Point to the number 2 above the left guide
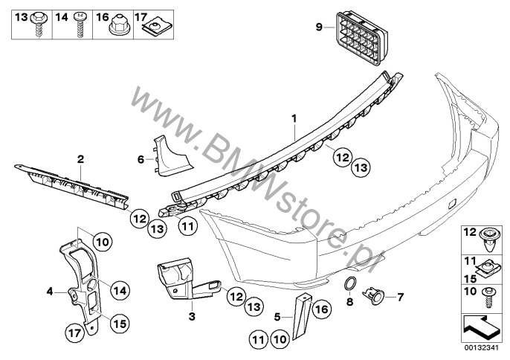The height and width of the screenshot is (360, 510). pyautogui.click(x=80, y=158)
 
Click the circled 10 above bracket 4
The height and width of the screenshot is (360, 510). pyautogui.click(x=102, y=240)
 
